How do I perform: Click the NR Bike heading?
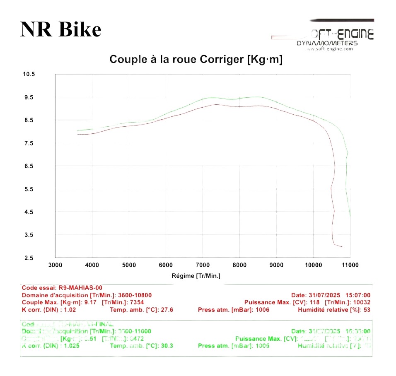click(x=60, y=30)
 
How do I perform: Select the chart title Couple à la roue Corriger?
click(x=196, y=59)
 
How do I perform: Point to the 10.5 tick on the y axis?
click(x=29, y=75)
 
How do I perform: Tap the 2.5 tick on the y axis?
click(x=29, y=258)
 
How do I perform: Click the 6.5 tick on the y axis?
click(x=29, y=166)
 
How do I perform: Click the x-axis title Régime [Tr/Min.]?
click(x=196, y=276)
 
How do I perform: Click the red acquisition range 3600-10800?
click(x=135, y=295)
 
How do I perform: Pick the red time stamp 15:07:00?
click(x=357, y=295)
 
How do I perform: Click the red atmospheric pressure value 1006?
click(x=262, y=309)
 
